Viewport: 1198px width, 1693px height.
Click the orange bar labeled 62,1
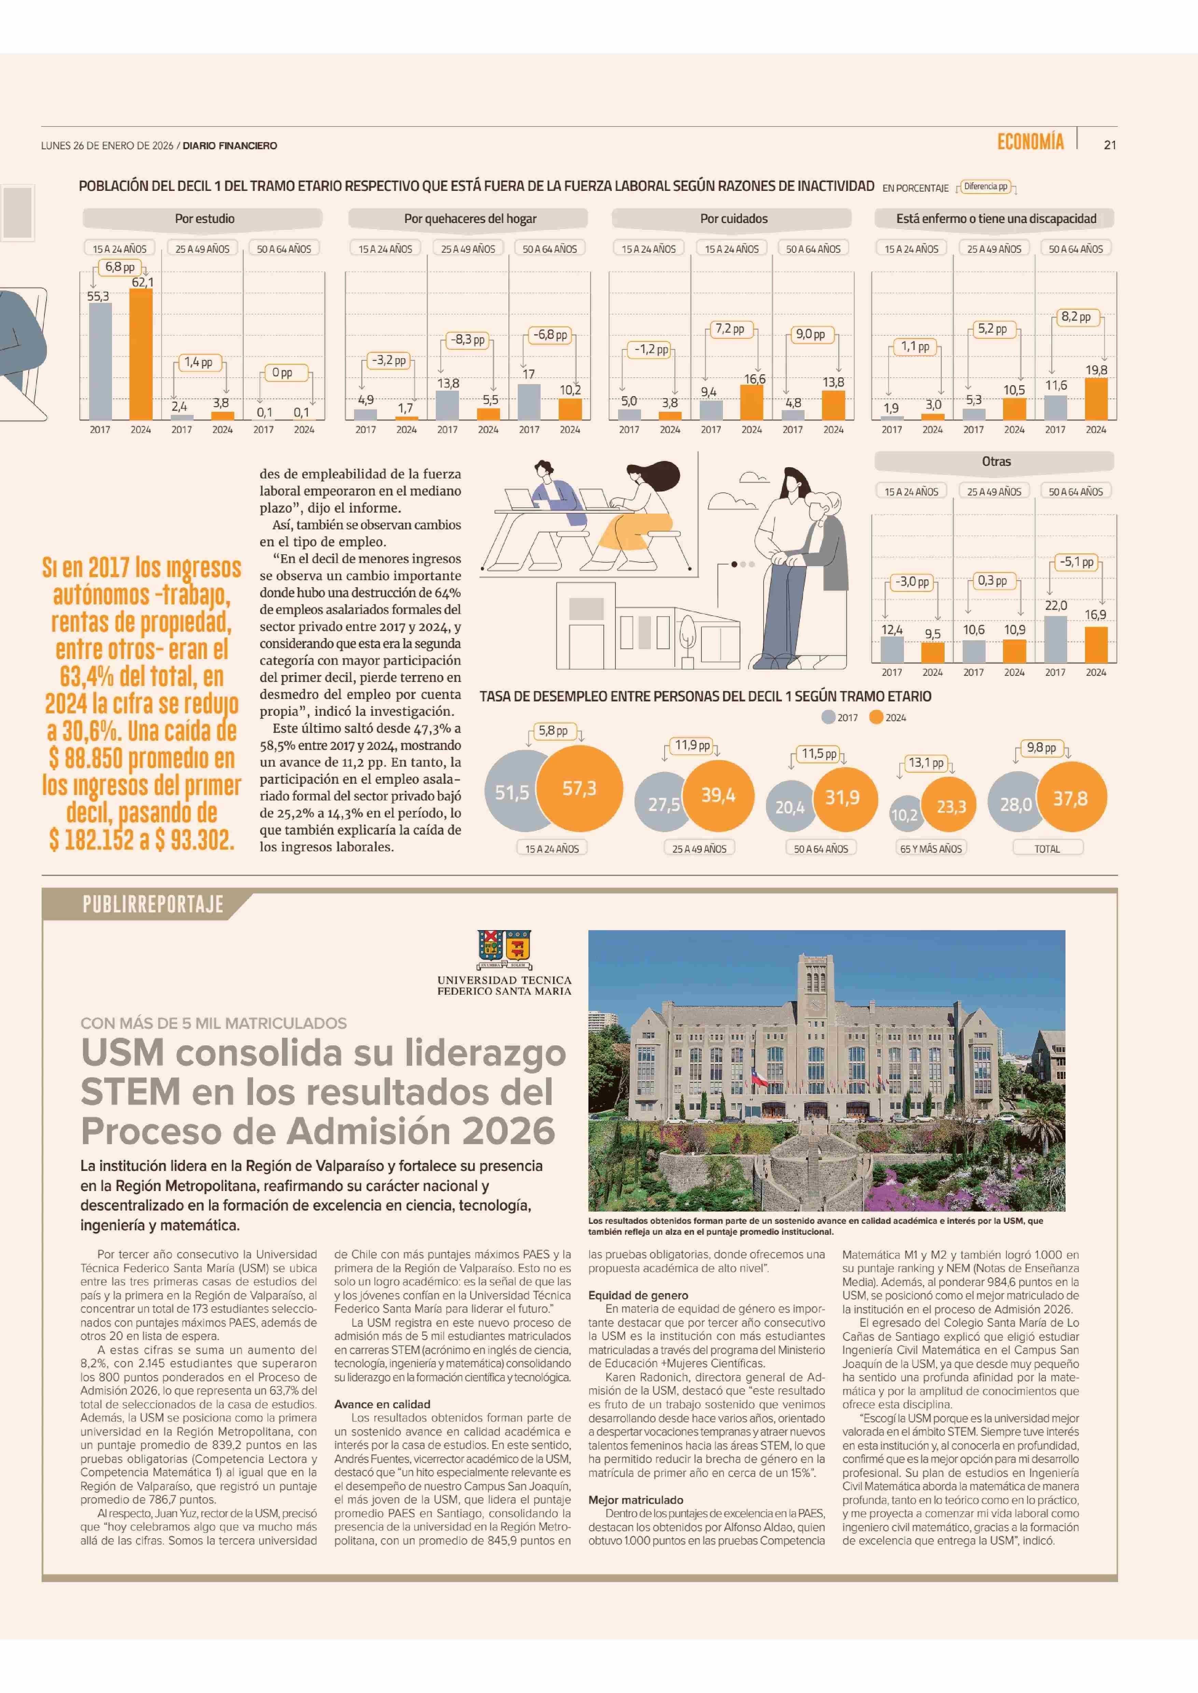(x=141, y=354)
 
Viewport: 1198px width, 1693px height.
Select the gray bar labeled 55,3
(x=100, y=362)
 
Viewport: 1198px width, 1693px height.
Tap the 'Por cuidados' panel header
(x=733, y=218)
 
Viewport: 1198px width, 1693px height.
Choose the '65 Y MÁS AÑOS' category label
(x=931, y=848)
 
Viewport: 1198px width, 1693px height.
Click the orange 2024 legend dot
(x=876, y=717)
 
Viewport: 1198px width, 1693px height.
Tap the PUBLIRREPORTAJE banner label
(x=153, y=905)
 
